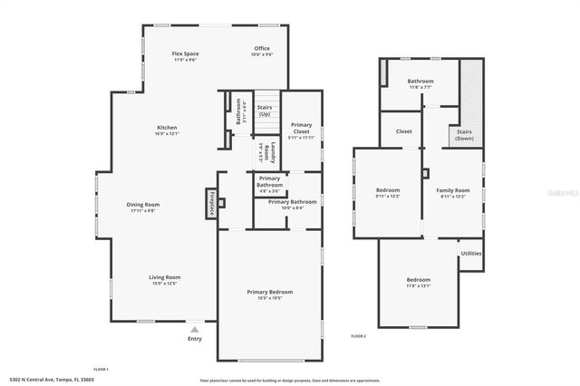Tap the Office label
(x=262, y=49)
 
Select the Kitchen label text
(x=167, y=128)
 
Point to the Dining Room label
(x=142, y=205)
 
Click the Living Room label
(x=165, y=277)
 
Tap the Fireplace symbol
(x=209, y=198)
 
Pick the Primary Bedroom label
(x=270, y=292)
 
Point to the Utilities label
(x=470, y=253)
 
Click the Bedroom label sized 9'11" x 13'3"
(x=388, y=191)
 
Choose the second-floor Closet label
(x=404, y=131)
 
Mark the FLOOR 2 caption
(x=359, y=336)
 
